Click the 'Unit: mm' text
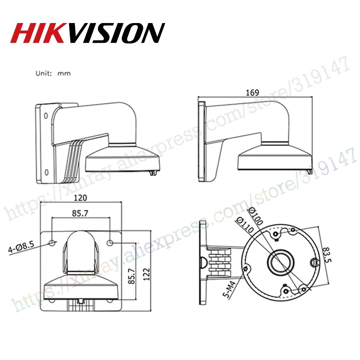pos(53,73)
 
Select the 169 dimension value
pos(253,92)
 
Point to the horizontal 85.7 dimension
pos(80,213)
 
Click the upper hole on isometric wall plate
pos(46,116)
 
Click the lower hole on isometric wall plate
pos(46,172)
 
